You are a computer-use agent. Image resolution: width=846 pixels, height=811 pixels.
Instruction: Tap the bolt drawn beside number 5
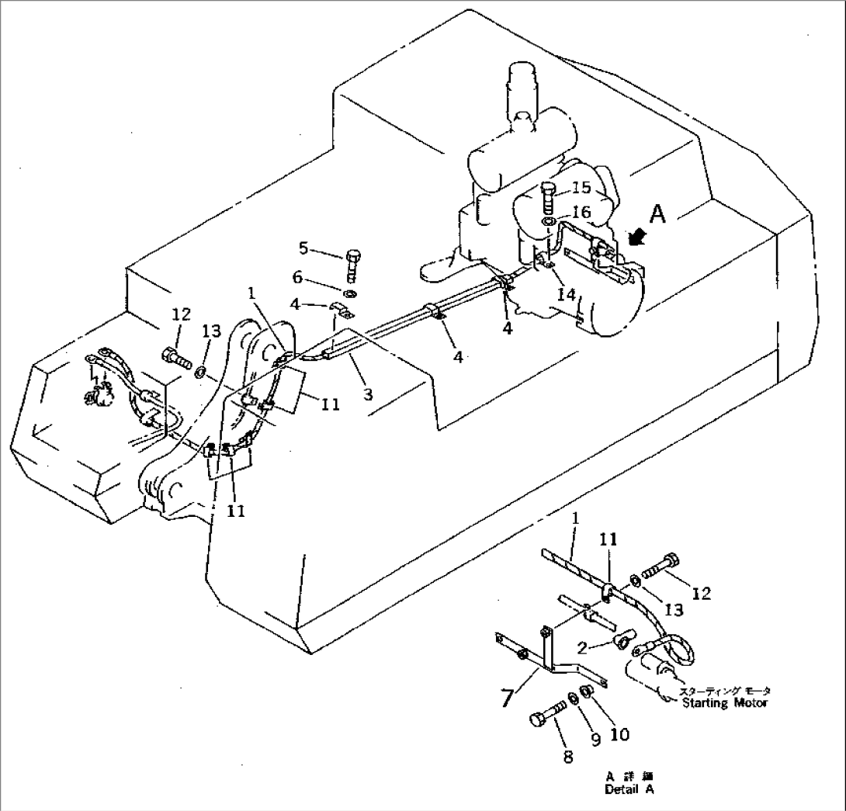point(352,263)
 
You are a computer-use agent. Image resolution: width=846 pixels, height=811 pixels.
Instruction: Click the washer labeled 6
point(350,294)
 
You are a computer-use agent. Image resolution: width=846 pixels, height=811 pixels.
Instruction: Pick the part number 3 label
point(368,394)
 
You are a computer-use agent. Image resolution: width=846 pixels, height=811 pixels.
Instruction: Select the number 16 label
point(581,212)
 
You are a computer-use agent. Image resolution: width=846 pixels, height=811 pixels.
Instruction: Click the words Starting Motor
point(725,703)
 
